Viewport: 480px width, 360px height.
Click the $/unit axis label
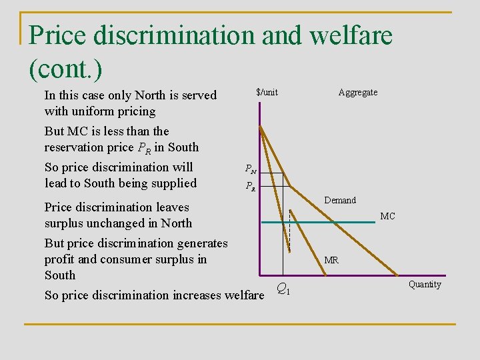(267, 93)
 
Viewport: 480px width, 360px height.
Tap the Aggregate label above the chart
(357, 93)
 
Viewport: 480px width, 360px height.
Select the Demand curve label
(340, 200)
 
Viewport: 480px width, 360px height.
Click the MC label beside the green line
(387, 217)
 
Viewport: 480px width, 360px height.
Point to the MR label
(331, 260)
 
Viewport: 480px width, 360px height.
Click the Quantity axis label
(425, 285)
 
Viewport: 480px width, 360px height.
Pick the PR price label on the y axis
(250, 187)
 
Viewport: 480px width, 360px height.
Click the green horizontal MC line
(333, 222)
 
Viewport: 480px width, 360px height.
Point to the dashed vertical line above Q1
(290, 237)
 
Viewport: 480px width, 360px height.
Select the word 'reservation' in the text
(77, 147)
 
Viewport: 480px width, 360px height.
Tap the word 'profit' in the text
(59, 259)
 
